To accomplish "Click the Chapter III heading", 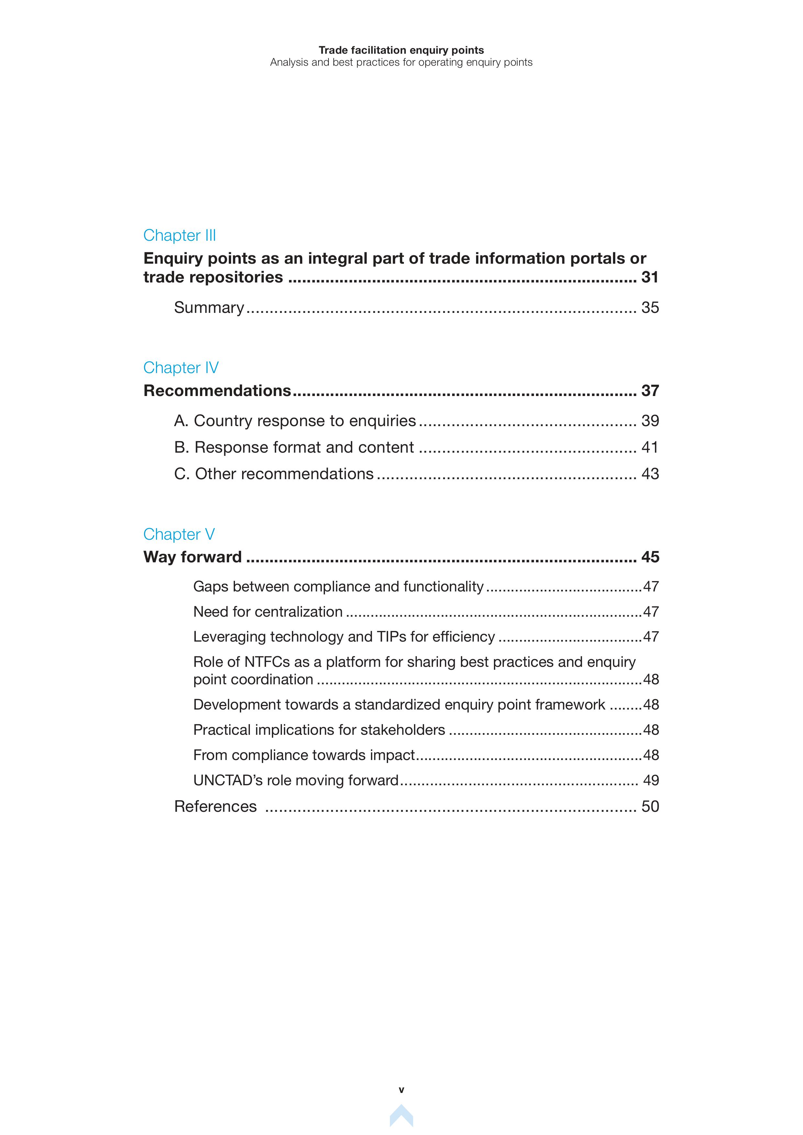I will point(180,235).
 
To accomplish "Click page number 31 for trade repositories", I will point(650,277).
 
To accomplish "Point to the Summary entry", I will point(209,307).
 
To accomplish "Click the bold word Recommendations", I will point(217,391).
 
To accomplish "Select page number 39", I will point(650,421).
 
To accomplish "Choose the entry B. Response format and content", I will point(294,447).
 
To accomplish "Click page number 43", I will point(650,474).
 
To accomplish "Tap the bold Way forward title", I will point(192,557).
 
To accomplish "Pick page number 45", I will point(650,557).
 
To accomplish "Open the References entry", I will point(215,806).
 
